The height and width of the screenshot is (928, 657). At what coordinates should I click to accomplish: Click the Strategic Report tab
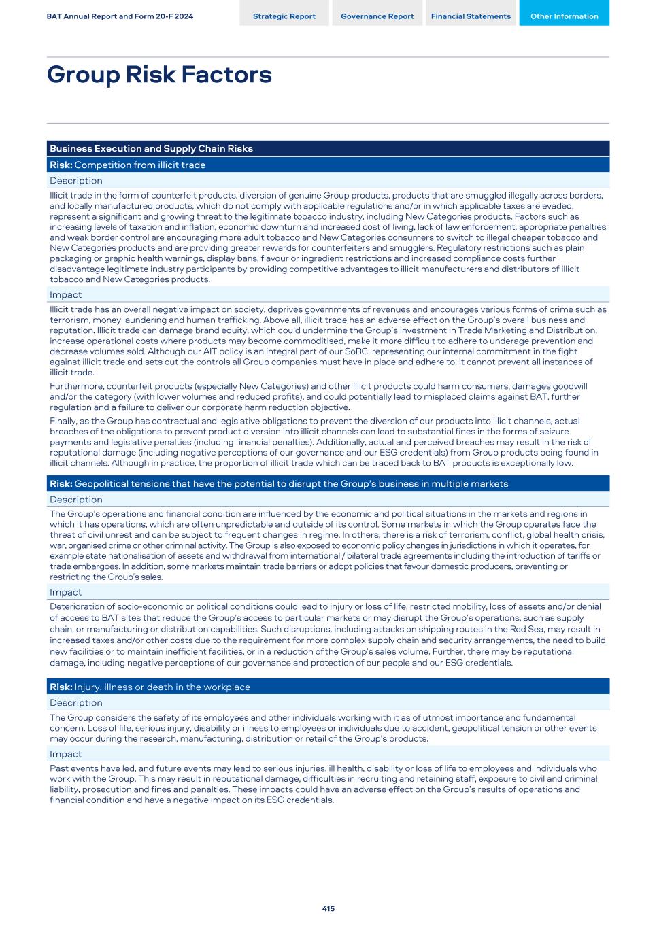(284, 16)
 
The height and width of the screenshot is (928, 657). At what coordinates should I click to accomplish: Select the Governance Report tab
(377, 16)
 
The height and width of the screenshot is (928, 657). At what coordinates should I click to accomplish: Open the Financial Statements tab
(471, 16)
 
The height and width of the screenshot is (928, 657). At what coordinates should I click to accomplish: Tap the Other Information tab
(564, 16)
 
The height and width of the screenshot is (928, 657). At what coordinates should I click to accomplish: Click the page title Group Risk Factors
(159, 74)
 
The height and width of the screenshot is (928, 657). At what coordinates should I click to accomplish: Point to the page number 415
(328, 908)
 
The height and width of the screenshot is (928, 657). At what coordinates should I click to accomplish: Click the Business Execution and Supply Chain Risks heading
(151, 148)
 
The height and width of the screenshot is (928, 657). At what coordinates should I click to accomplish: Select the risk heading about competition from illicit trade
(127, 165)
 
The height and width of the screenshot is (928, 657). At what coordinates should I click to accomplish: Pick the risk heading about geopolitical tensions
(279, 483)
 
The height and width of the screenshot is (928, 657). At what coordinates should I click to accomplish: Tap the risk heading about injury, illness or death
(150, 687)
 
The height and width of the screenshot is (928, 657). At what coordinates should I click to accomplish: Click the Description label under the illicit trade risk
(76, 181)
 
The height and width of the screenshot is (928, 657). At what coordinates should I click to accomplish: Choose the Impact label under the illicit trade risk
(65, 295)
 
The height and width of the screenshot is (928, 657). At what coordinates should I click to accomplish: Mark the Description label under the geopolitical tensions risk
(76, 500)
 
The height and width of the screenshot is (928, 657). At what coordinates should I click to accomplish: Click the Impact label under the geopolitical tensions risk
(65, 592)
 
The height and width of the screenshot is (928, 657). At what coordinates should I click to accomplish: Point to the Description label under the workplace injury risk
(76, 703)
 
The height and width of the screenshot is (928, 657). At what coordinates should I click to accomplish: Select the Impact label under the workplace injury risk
(65, 754)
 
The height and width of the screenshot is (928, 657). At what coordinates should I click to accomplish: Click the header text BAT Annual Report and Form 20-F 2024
(120, 16)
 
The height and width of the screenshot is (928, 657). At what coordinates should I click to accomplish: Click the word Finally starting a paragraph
(63, 421)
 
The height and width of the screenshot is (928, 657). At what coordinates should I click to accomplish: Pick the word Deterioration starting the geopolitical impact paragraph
(76, 606)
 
